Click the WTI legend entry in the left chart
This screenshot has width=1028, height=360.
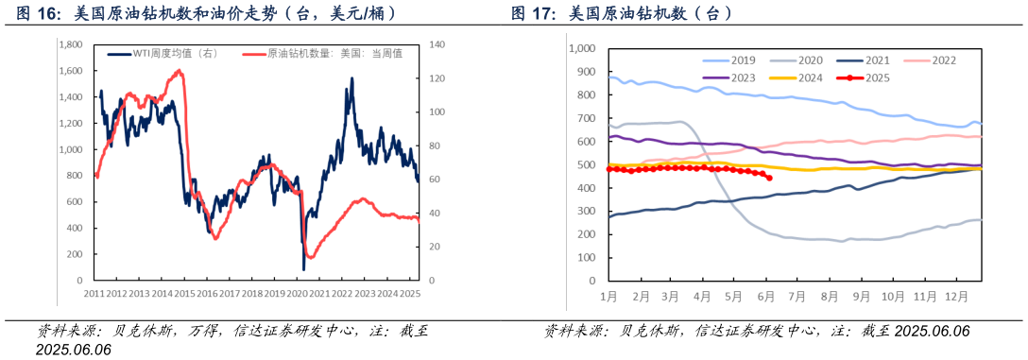[162, 54]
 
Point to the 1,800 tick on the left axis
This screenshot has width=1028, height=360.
[70, 44]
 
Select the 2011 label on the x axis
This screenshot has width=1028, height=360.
[94, 294]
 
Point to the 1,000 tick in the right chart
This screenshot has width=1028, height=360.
[580, 48]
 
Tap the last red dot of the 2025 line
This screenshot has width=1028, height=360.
[769, 178]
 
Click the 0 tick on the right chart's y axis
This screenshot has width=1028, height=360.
[589, 281]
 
